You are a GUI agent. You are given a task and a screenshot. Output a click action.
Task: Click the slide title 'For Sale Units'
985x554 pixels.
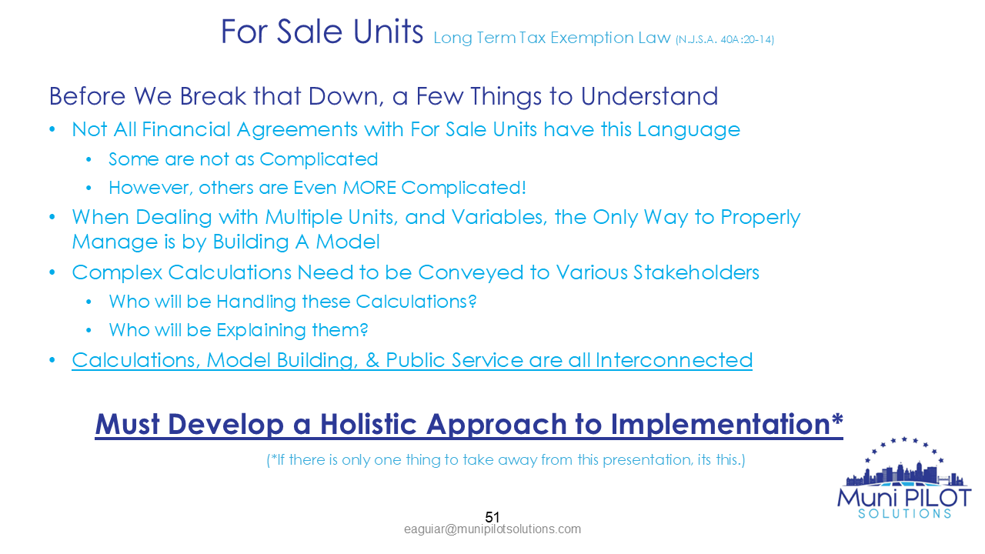tap(322, 32)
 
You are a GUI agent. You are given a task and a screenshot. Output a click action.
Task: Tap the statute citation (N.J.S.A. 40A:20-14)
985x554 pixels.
tap(724, 39)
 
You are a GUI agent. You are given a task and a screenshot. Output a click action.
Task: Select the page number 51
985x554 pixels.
tap(492, 517)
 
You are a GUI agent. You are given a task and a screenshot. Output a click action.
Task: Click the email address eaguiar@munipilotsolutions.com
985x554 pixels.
tap(492, 529)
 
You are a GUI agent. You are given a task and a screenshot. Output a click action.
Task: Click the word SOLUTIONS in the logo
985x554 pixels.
tap(904, 513)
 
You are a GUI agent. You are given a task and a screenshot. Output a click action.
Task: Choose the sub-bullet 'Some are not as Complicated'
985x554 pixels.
tap(243, 159)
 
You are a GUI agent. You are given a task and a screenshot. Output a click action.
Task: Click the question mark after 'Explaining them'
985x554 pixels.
tap(365, 330)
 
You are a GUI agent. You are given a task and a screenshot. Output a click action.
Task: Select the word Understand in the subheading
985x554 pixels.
tap(649, 97)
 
